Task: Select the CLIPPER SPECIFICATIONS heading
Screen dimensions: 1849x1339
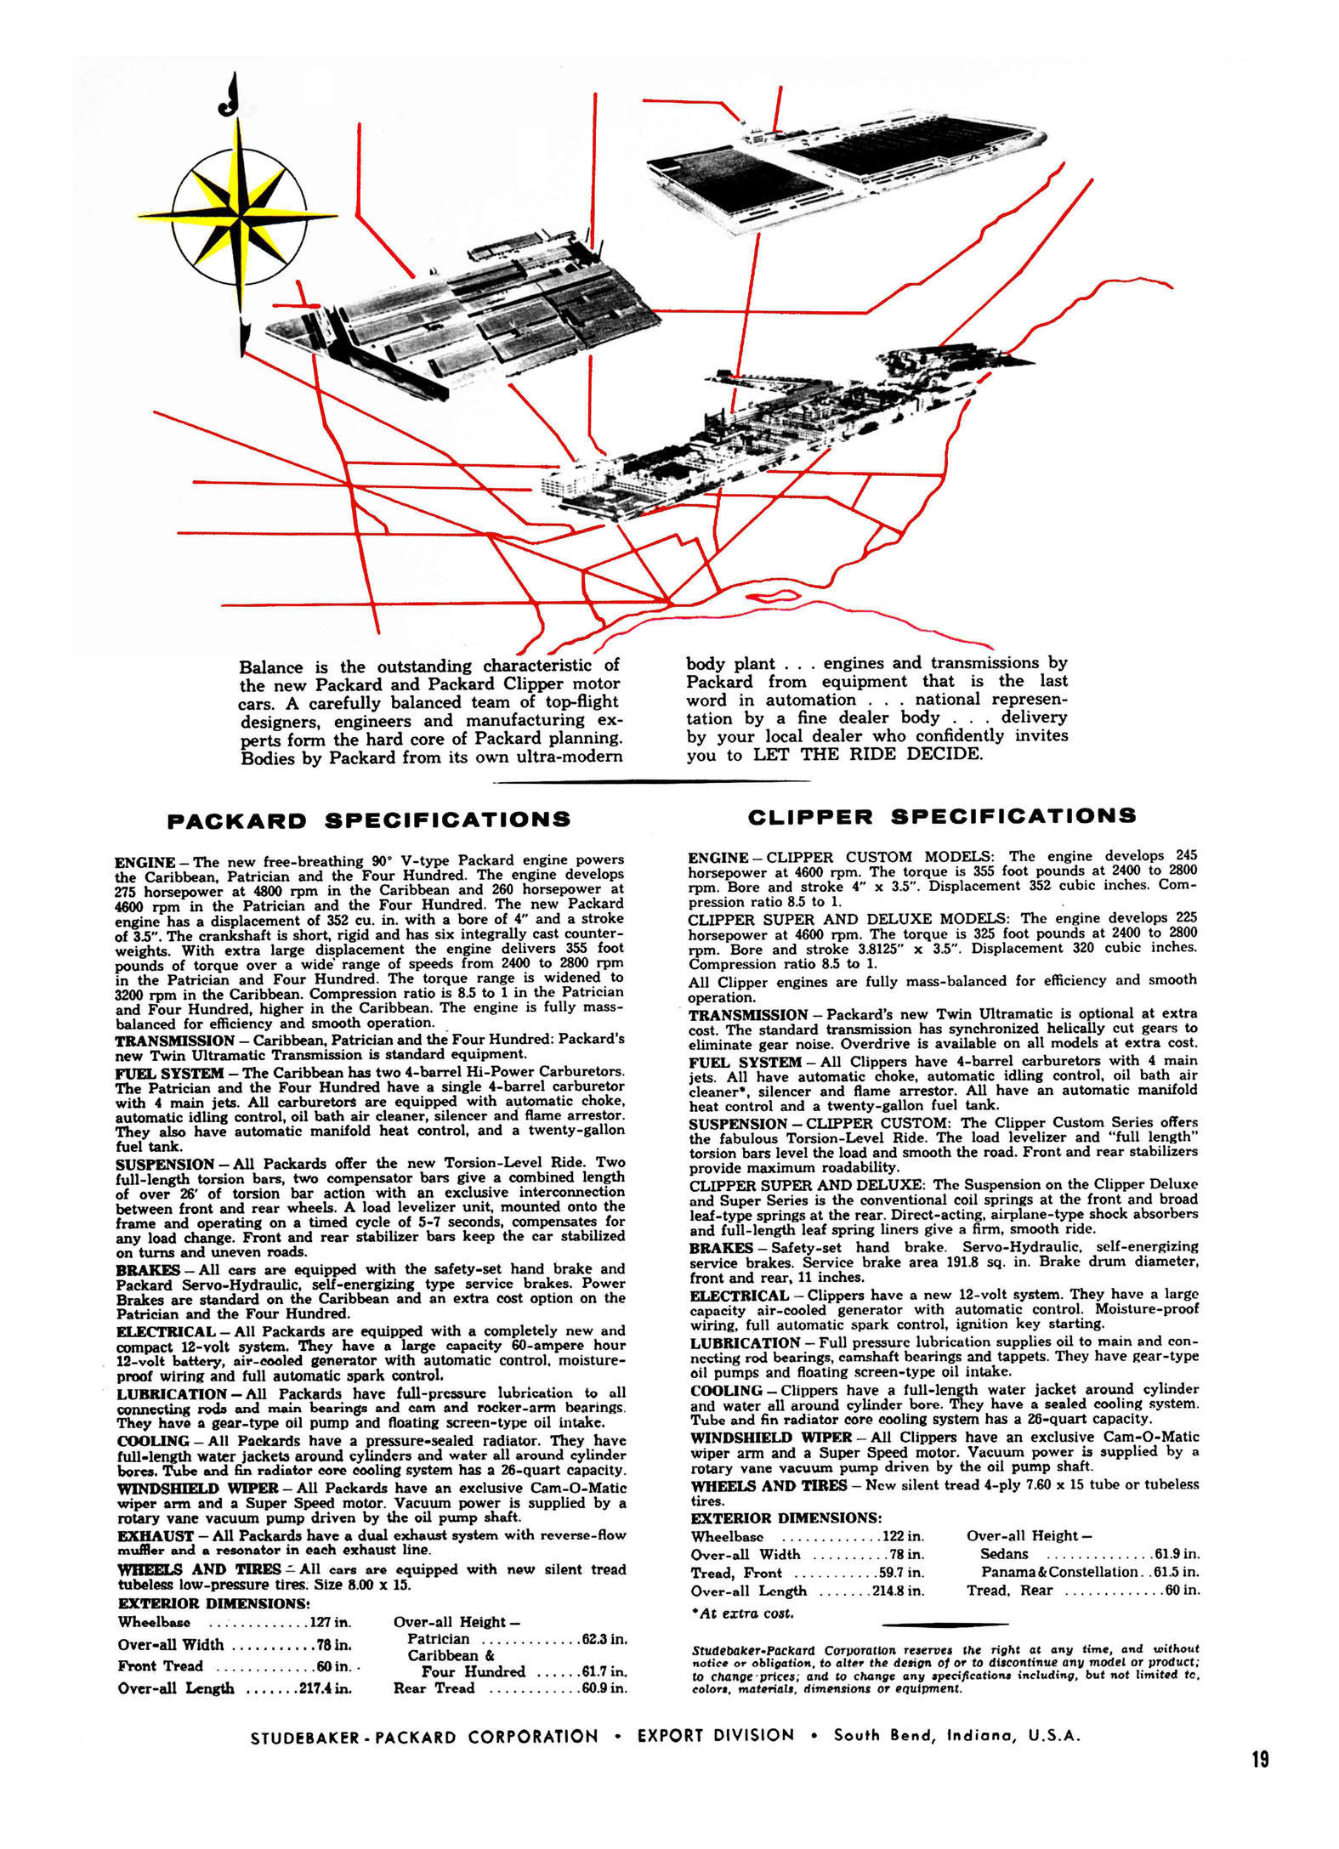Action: [941, 816]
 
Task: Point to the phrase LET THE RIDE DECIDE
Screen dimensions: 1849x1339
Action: [867, 754]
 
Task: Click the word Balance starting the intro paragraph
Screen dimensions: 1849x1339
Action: [274, 666]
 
